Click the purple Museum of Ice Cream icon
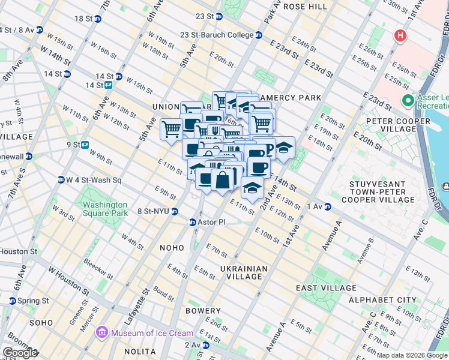point(102,332)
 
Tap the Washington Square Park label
point(105,209)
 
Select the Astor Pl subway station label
point(211,222)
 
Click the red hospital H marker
point(400,36)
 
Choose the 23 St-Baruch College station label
point(217,35)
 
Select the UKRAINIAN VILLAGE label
point(241,272)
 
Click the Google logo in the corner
point(20,353)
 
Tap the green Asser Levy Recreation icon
point(408,100)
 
